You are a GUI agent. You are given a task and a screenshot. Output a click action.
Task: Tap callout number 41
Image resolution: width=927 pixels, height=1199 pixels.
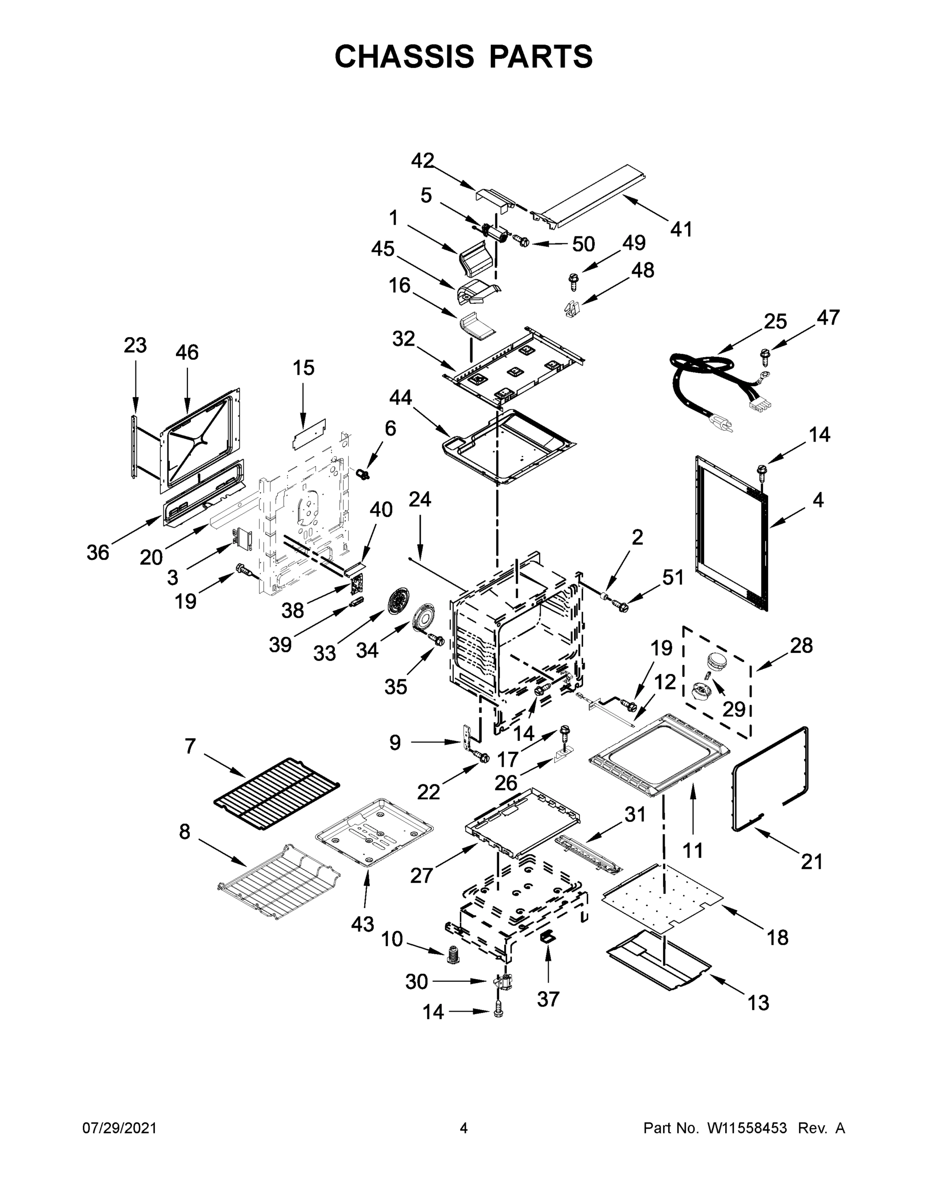point(681,229)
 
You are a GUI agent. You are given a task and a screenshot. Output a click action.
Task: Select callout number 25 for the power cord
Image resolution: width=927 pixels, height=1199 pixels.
point(775,321)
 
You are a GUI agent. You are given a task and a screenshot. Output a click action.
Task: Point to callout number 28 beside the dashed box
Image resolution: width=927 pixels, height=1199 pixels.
point(801,645)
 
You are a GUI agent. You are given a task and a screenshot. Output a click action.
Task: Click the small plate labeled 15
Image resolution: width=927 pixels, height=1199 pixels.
point(309,435)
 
